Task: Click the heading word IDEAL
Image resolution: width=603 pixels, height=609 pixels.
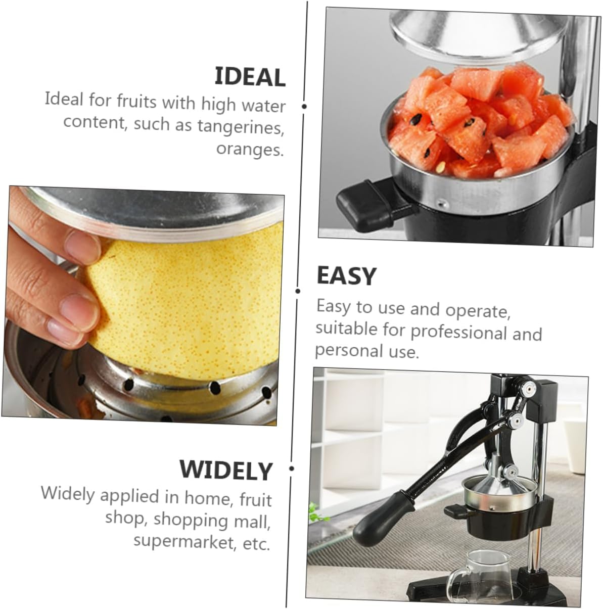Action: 250,77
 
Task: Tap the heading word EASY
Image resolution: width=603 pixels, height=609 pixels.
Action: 346,276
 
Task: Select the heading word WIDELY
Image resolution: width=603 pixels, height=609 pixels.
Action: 226,470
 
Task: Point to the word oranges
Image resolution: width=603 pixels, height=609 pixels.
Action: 250,149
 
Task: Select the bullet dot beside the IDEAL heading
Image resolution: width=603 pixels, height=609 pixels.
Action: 304,106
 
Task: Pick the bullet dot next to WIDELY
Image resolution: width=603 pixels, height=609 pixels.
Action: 292,469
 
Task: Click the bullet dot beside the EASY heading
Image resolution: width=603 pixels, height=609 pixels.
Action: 298,291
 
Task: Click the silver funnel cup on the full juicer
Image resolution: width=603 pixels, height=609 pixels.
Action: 499,490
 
